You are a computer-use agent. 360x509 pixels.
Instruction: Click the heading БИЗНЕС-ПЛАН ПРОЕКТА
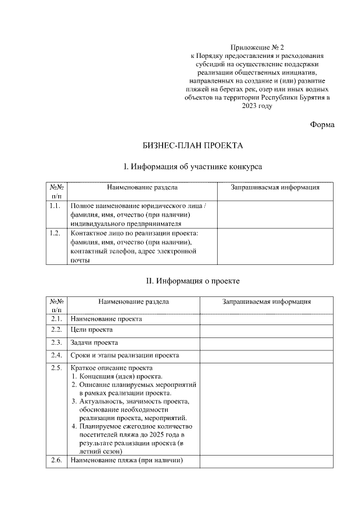(193, 146)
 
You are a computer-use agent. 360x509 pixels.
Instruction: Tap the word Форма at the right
(322, 124)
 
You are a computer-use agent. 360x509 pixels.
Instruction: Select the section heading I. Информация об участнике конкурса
(193, 166)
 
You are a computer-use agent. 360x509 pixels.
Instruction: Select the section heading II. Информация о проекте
(193, 280)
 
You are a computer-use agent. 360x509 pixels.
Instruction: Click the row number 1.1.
(55, 206)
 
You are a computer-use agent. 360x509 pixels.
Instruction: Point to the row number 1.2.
(55, 233)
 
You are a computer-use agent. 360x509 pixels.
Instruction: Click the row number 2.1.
(56, 319)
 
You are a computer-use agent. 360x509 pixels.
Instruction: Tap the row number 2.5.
(56, 368)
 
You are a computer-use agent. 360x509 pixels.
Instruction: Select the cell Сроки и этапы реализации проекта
(125, 355)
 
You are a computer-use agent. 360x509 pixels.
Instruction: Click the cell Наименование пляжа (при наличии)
(127, 461)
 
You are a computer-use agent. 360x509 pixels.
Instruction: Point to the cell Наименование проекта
(106, 319)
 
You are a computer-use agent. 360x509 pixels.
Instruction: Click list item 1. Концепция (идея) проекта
(118, 376)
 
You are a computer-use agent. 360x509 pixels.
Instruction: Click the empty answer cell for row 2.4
(266, 355)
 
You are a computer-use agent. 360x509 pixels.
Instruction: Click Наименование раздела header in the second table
(133, 301)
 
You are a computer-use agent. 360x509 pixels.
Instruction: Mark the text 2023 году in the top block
(257, 106)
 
